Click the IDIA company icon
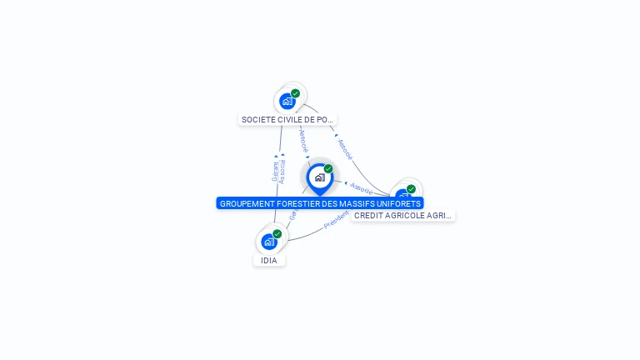coord(268,242)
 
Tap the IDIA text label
coord(269,261)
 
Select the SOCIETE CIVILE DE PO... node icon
coord(287,102)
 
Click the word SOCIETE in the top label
coord(258,120)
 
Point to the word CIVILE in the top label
coord(292,120)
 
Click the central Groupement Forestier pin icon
coord(319,177)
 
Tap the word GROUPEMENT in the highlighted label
coord(247,203)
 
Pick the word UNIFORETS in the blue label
coord(399,203)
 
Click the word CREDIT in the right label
coord(368,216)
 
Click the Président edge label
coord(336,221)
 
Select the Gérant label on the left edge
coord(275,171)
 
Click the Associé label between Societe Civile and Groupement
coord(303,140)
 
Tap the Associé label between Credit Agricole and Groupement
coord(362,187)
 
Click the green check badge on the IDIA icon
coord(277,234)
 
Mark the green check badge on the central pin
coord(328,169)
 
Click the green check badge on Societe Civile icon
coord(295,93)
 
